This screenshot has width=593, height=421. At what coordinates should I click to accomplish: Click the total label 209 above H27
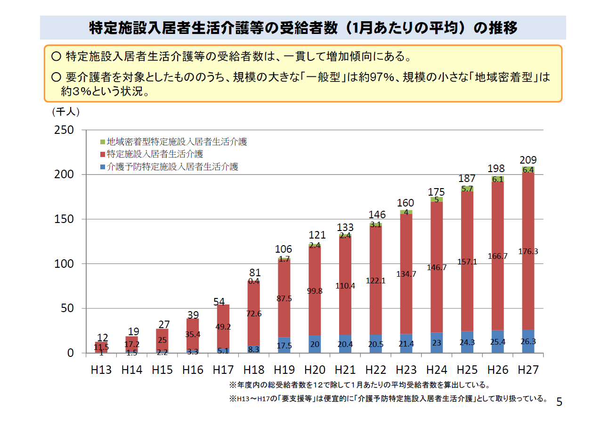[x=528, y=160]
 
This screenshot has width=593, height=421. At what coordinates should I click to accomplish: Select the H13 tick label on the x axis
[x=102, y=370]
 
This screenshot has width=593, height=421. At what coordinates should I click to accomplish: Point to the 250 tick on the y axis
[x=65, y=130]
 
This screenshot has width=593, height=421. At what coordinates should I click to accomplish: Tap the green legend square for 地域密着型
[x=102, y=142]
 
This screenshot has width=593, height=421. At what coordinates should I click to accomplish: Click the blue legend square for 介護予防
[x=102, y=167]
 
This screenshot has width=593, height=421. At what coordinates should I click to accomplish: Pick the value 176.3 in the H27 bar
[x=528, y=251]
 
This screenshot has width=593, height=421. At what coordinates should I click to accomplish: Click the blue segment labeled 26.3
[x=528, y=341]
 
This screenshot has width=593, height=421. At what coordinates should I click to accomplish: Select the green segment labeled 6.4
[x=528, y=170]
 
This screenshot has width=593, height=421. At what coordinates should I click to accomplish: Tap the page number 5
[x=559, y=402]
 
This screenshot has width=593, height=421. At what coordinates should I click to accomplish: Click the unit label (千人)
[x=65, y=112]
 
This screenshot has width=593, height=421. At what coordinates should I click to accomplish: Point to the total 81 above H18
[x=254, y=272]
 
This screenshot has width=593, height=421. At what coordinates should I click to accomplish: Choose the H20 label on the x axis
[x=315, y=370]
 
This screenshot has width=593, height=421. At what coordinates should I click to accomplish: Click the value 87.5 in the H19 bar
[x=284, y=298]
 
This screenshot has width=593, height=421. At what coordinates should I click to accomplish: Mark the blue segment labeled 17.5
[x=284, y=345]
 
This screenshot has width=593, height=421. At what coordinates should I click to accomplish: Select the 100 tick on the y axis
[x=65, y=264]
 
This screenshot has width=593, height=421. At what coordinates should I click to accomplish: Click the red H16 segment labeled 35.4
[x=193, y=335]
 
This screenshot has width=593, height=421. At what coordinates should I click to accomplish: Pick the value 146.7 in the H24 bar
[x=437, y=267]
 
